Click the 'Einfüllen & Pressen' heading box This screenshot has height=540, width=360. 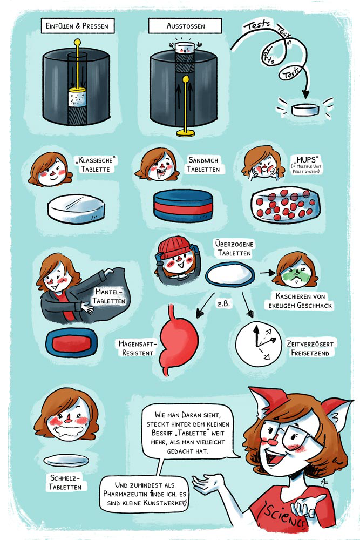point(77,26)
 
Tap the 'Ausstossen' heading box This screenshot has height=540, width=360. point(185,26)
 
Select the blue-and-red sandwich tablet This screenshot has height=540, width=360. point(183,205)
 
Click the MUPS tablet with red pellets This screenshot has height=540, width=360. point(286,205)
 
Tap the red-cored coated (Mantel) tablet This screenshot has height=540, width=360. point(71,343)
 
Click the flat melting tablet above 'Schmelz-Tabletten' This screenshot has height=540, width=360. point(66,460)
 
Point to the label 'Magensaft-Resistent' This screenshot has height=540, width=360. point(138,348)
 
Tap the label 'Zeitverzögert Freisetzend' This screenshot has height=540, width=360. point(310,348)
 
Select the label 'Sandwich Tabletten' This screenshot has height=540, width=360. point(203,165)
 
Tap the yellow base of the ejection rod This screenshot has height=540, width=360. point(186,133)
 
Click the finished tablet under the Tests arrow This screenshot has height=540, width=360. point(305,110)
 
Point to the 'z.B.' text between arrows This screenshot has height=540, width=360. point(223,303)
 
